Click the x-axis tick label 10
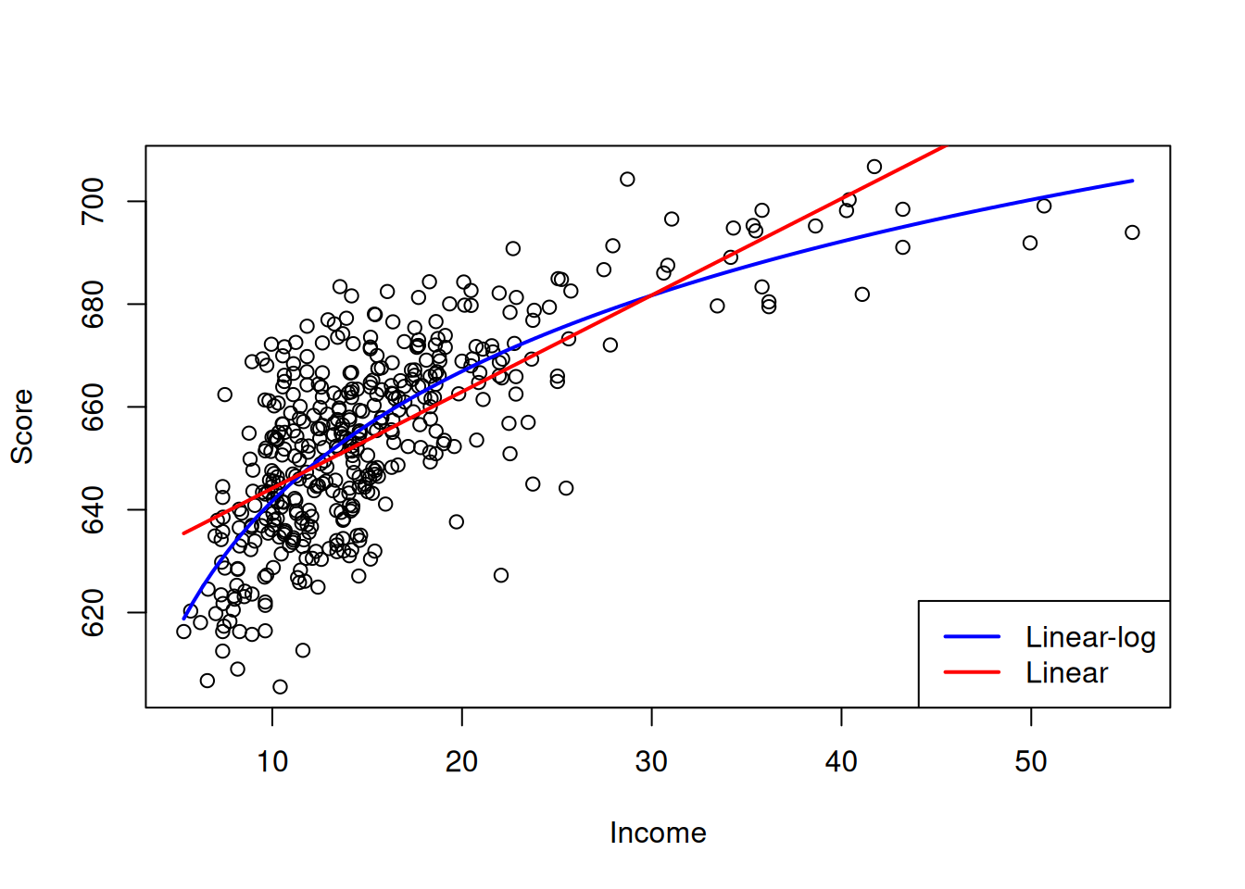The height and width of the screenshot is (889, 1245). click(272, 761)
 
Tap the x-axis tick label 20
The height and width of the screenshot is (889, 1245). click(461, 761)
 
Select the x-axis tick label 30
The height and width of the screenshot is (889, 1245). click(651, 761)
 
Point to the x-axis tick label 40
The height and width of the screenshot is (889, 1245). click(841, 761)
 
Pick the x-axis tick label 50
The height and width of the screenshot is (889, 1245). click(1030, 761)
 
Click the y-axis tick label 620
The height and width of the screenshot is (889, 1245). click(94, 613)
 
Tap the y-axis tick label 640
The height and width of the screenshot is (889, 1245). click(94, 510)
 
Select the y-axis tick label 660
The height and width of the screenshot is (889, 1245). click(94, 407)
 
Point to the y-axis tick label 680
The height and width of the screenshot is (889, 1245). click(94, 305)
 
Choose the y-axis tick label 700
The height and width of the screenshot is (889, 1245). click(94, 202)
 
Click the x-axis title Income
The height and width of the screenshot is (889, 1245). click(658, 833)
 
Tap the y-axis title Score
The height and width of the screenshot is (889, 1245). click(22, 426)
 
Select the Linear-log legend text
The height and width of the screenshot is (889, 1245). click(1090, 637)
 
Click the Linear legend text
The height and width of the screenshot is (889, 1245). click(1066, 672)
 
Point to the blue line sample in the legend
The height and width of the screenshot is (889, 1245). click(972, 636)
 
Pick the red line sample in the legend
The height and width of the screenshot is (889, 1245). click(972, 671)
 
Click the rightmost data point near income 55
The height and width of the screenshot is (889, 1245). click(1132, 232)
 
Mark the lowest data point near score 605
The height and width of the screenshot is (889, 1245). click(280, 686)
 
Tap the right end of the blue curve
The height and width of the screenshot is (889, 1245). click(1133, 181)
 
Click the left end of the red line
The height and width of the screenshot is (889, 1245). click(183, 533)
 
